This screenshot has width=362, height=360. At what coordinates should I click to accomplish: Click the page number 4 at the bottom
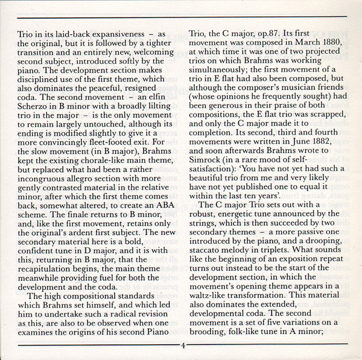click(182, 346)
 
